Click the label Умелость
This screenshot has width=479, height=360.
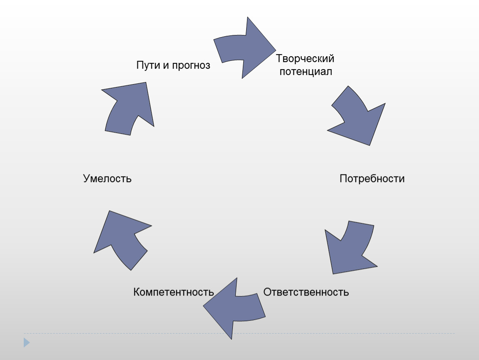coord(107,178)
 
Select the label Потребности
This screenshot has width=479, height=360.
coord(372,178)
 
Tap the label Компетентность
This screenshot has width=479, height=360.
coord(174,292)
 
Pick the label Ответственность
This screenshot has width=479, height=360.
coord(306,292)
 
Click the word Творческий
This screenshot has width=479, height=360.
coord(305,58)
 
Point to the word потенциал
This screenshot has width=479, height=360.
coord(306,72)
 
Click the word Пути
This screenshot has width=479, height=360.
coord(147,65)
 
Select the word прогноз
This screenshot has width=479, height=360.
coord(191,65)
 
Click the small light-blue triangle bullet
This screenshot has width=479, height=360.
coord(27,342)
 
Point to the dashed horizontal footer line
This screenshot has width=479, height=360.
coord(239,333)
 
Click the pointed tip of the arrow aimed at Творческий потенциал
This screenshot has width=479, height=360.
coord(276,50)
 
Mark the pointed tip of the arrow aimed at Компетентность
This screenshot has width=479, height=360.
coord(203,305)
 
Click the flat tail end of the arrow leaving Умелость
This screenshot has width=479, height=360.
coord(117,133)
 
